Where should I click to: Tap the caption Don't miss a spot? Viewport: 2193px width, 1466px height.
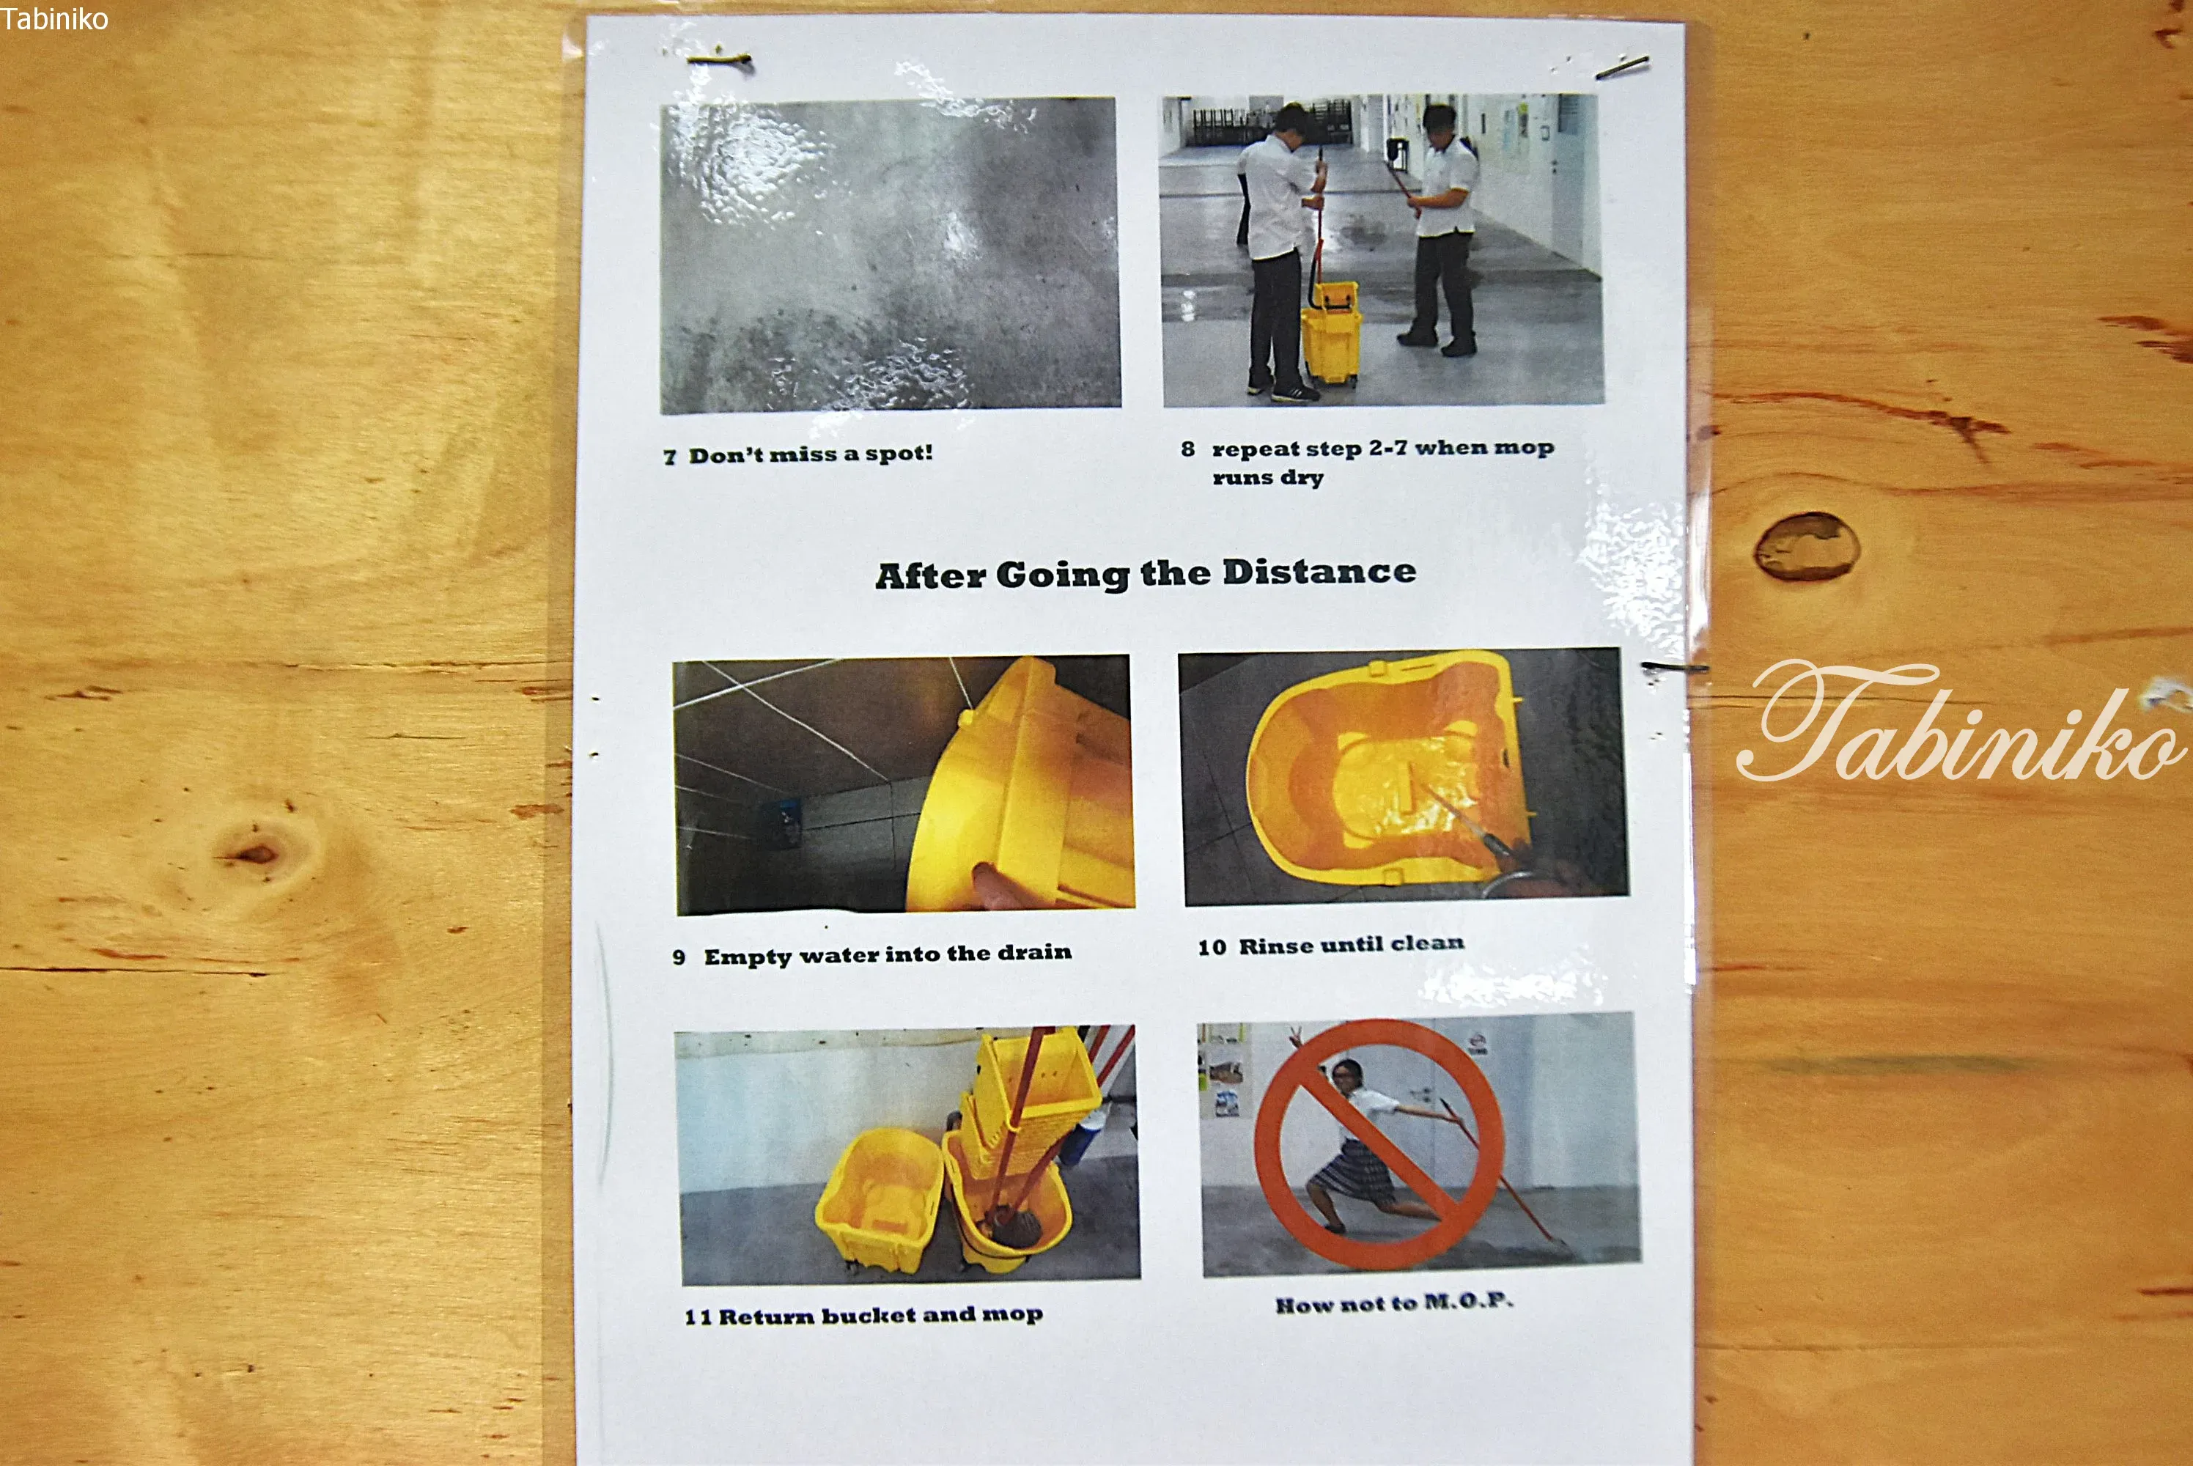tap(811, 454)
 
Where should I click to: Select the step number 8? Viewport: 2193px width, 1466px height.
tap(1187, 449)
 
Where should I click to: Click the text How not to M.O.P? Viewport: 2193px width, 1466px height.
tap(1394, 1303)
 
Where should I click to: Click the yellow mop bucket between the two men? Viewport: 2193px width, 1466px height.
tap(1330, 332)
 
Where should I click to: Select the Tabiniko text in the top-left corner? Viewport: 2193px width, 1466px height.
tap(54, 19)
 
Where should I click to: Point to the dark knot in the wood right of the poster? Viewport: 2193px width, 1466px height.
tap(1806, 546)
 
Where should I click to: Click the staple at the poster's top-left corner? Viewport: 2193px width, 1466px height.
tap(719, 61)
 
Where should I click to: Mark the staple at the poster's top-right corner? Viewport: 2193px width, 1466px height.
tap(1622, 67)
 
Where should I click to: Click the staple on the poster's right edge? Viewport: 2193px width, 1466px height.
tap(1674, 668)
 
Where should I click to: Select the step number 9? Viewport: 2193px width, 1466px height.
tap(679, 957)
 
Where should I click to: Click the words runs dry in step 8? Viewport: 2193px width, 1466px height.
tap(1267, 478)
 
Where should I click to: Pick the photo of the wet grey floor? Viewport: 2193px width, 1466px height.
tap(890, 254)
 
